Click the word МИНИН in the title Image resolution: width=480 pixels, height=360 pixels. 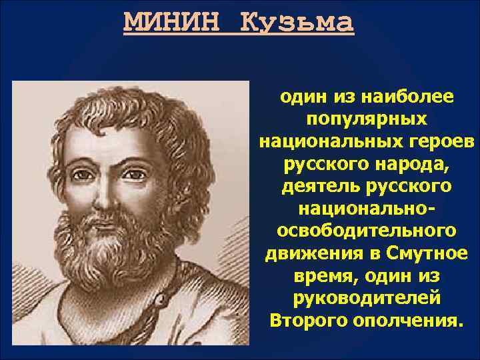172,23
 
